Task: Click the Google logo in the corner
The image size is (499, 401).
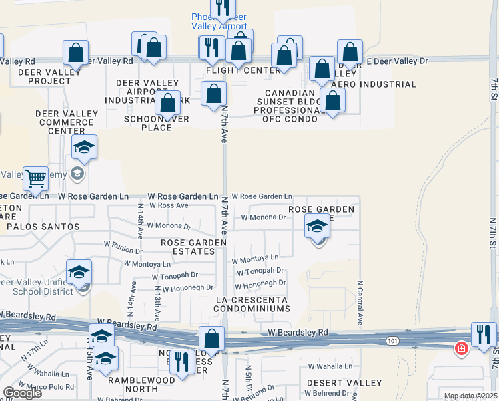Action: coord(22,393)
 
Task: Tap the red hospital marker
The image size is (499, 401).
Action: coord(461,348)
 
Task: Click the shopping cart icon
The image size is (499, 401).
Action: coord(35,179)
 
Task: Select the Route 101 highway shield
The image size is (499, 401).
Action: coord(392,342)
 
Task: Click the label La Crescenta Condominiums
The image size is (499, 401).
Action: coord(252,304)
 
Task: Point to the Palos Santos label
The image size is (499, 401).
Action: coord(43,227)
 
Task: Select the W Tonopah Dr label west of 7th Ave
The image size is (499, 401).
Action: coord(175,275)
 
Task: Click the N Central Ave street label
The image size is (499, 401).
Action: coord(360,303)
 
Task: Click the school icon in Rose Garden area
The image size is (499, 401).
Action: coord(318,227)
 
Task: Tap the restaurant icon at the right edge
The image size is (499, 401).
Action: coord(483,335)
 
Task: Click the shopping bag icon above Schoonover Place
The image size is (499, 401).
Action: coord(168,104)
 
